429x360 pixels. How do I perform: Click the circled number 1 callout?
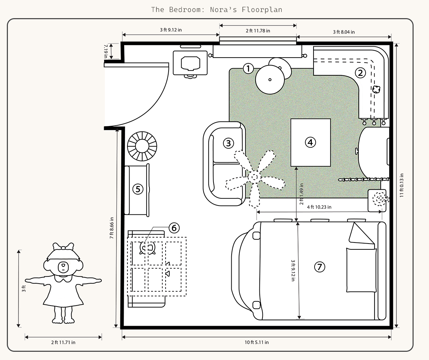[248, 69]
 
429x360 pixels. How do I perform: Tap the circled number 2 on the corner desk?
[360, 73]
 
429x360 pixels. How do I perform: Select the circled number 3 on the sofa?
[229, 143]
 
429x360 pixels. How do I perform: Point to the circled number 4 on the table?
[310, 142]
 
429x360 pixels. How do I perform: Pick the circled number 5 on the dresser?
[138, 189]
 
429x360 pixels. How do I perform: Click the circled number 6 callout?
[174, 228]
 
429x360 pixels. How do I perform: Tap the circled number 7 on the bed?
[320, 267]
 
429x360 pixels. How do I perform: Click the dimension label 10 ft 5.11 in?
[257, 342]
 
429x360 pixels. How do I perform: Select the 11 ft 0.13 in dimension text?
[402, 185]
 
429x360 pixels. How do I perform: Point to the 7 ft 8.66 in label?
[112, 228]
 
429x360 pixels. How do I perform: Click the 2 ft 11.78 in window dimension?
[258, 31]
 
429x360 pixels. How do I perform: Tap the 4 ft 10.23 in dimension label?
[319, 207]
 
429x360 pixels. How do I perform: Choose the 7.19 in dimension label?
[106, 51]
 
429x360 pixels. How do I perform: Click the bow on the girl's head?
[63, 247]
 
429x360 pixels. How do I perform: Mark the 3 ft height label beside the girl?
[24, 289]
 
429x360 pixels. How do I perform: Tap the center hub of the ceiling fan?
[255, 177]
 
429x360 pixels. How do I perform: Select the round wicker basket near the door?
[142, 146]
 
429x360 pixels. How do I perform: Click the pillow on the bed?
[361, 270]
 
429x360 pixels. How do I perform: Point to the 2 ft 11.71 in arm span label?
[63, 342]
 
